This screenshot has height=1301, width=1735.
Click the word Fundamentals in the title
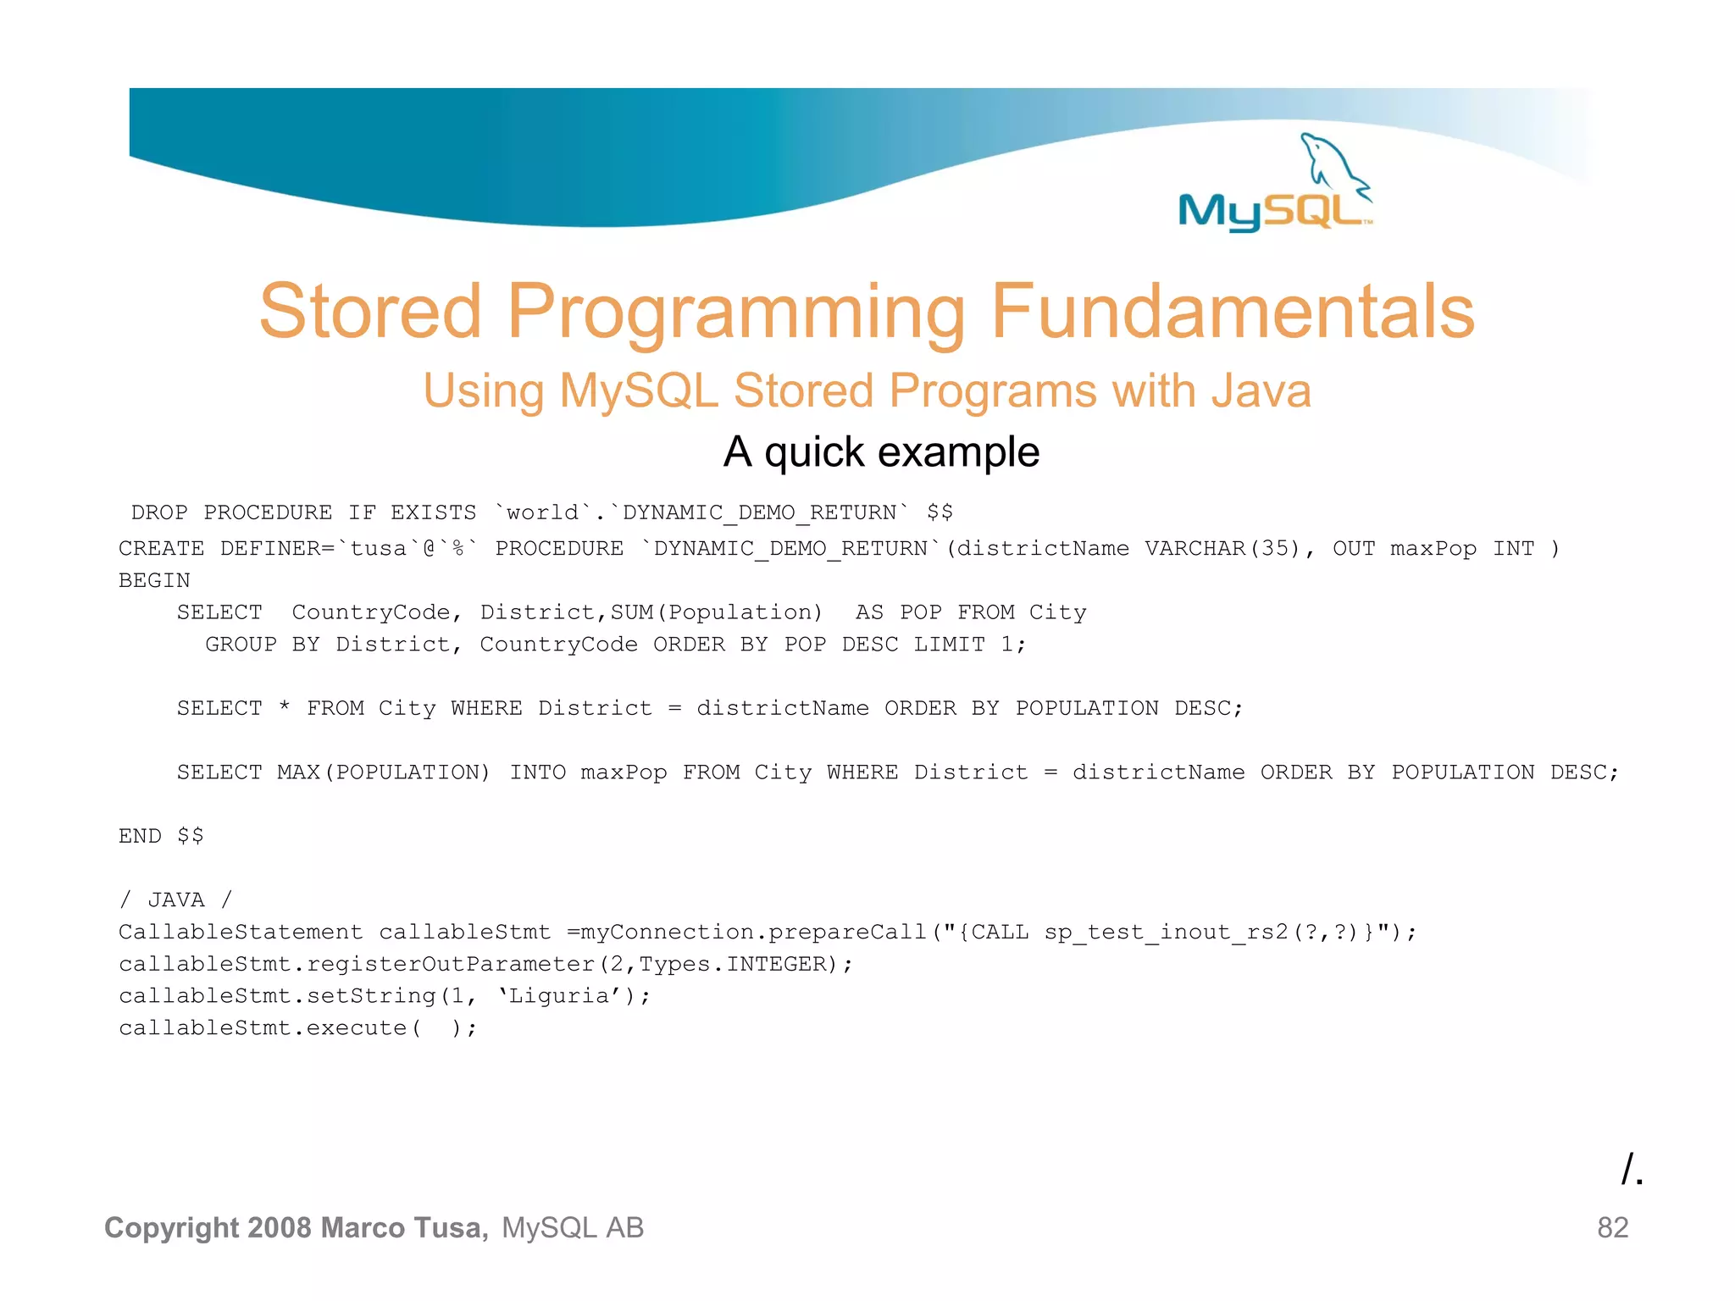pos(1232,312)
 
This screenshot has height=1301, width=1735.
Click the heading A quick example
pos(881,451)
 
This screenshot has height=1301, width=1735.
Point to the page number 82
pos(1612,1227)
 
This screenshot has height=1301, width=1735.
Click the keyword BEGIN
pos(154,581)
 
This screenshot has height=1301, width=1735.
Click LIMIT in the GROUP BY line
pos(949,645)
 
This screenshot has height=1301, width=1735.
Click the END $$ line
pos(161,836)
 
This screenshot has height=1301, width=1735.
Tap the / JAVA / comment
pos(175,900)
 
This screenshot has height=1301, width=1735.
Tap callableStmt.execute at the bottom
pos(263,1028)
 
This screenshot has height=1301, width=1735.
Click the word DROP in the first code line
pos(159,513)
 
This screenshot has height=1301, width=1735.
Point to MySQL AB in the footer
pos(573,1227)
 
